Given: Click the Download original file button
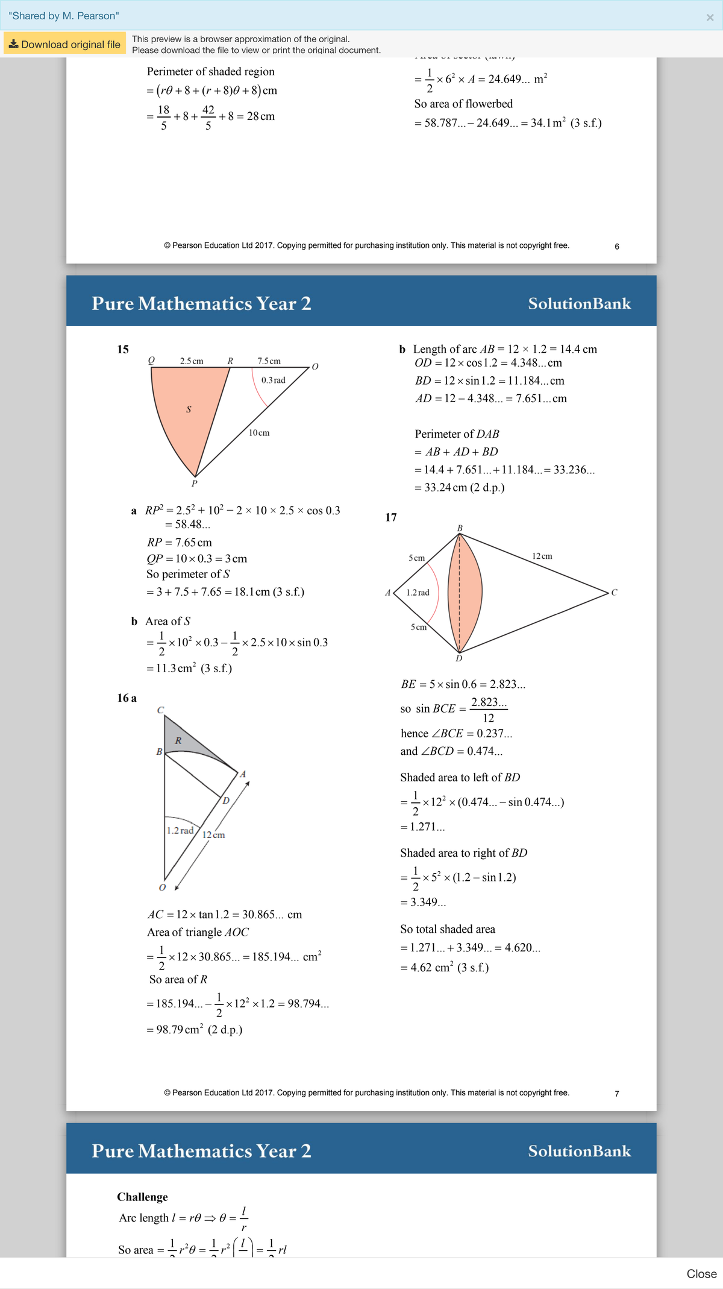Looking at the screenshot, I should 64,44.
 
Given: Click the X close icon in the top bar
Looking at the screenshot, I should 710,17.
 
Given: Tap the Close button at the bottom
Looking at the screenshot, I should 701,1273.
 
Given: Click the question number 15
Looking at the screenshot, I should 123,350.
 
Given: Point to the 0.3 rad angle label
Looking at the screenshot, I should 273,380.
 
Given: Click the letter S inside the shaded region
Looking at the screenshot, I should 189,409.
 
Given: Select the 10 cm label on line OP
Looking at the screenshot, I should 259,433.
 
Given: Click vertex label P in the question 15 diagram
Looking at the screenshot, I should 194,484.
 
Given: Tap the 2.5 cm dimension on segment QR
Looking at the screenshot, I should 192,361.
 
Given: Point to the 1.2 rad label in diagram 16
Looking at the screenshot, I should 180,831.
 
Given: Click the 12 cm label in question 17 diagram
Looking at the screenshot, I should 542,556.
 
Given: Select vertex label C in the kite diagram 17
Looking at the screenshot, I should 614,593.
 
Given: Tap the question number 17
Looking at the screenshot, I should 391,517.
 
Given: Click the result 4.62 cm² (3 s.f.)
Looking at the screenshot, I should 445,968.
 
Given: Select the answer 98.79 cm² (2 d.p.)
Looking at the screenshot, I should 194,1030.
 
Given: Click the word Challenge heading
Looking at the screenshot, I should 142,1197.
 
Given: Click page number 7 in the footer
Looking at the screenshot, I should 616,1094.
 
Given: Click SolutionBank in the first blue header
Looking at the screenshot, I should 579,303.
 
